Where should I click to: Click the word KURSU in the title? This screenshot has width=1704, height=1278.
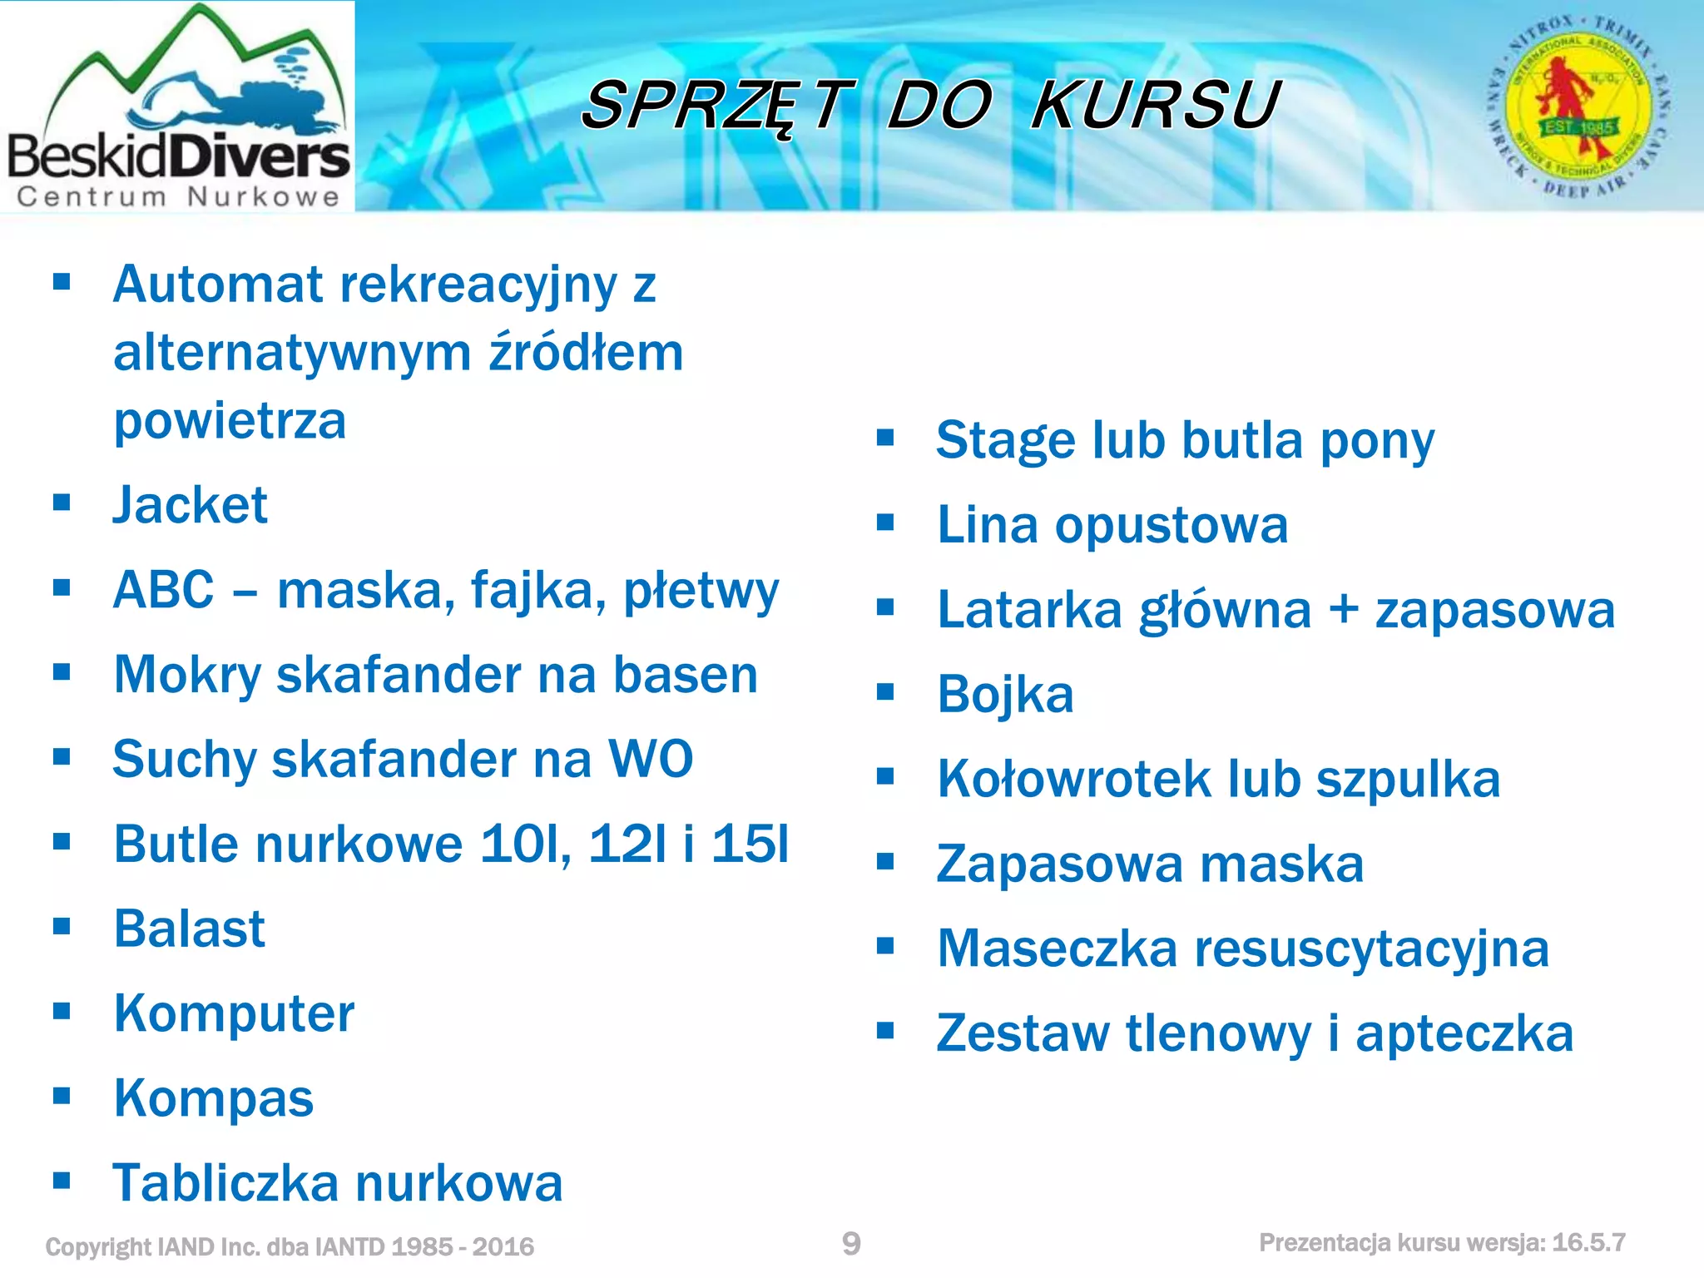pyautogui.click(x=1155, y=106)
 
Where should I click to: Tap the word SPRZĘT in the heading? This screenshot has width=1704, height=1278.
pyautogui.click(x=717, y=106)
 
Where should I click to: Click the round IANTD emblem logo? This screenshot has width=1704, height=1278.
pyautogui.click(x=1578, y=106)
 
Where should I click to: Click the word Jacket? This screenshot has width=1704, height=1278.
pyautogui.click(x=191, y=505)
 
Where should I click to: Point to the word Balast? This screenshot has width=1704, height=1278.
pyautogui.click(x=190, y=929)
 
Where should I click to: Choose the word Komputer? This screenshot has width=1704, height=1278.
pyautogui.click(x=235, y=1013)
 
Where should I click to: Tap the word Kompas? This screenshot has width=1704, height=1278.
pyautogui.click(x=214, y=1098)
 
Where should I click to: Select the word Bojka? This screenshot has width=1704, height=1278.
pyautogui.click(x=1005, y=694)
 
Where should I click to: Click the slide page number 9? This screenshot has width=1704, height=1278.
pyautogui.click(x=851, y=1244)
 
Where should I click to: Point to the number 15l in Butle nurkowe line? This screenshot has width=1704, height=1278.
pyautogui.click(x=750, y=844)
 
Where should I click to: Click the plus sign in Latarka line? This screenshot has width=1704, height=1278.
pyautogui.click(x=1343, y=610)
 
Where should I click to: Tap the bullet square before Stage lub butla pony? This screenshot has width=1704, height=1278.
pyautogui.click(x=885, y=438)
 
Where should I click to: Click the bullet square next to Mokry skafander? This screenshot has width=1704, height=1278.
pyautogui.click(x=62, y=671)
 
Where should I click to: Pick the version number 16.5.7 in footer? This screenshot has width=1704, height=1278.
pyautogui.click(x=1588, y=1243)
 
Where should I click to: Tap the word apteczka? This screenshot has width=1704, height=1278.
pyautogui.click(x=1464, y=1033)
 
